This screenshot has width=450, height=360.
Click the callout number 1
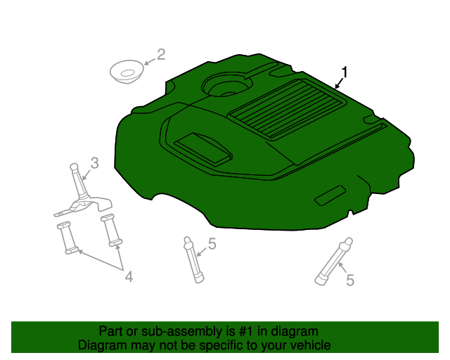point(345,72)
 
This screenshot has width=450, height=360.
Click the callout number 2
point(160,54)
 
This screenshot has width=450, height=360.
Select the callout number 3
point(94,162)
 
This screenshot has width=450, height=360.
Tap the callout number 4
point(129,278)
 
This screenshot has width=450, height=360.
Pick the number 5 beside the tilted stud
point(349,280)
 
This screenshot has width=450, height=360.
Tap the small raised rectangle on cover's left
point(202,147)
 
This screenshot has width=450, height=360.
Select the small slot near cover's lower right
point(330,196)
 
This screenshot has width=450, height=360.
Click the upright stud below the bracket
point(193,259)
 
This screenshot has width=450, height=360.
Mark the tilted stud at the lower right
point(332,262)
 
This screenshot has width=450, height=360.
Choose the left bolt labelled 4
point(67,237)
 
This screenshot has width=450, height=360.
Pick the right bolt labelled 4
point(111,230)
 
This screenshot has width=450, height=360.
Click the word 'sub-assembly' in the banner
point(200,331)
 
